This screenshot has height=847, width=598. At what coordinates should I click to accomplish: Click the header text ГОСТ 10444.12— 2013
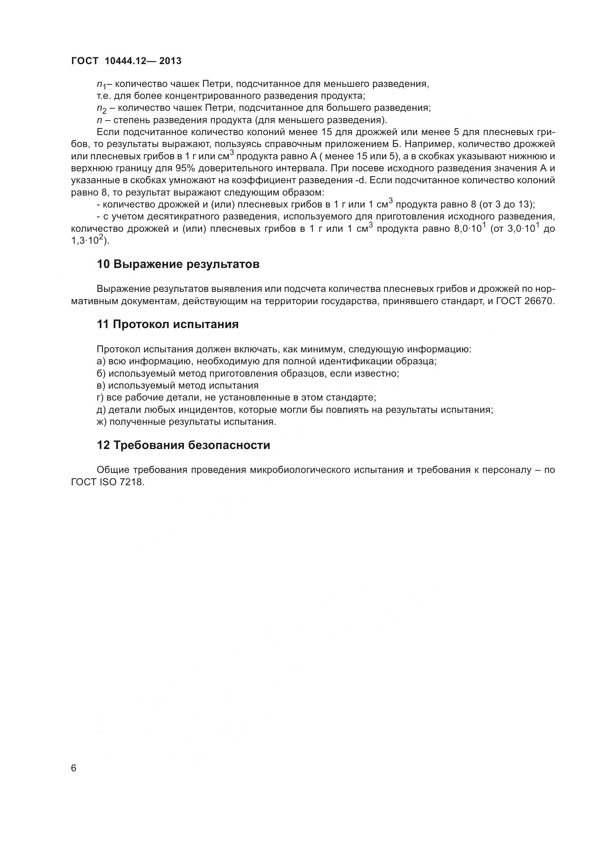click(126, 61)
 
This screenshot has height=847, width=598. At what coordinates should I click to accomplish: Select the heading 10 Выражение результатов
click(178, 264)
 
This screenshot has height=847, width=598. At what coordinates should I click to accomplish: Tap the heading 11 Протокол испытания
click(167, 324)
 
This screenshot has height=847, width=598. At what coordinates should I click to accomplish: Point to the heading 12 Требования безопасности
click(183, 445)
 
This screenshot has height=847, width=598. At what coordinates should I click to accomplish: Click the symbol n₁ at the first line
click(101, 85)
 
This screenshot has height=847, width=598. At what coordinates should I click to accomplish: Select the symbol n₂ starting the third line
click(101, 109)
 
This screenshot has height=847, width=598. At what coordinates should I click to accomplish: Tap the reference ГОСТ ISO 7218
click(107, 482)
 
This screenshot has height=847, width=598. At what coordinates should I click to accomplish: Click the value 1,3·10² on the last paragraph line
click(88, 240)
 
